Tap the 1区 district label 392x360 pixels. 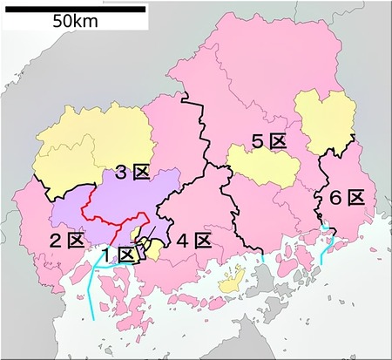[x=117, y=255]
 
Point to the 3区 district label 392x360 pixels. [x=132, y=173]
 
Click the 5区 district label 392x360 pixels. [x=267, y=141]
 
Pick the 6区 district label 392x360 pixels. [x=346, y=198]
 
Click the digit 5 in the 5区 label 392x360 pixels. [x=258, y=141]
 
